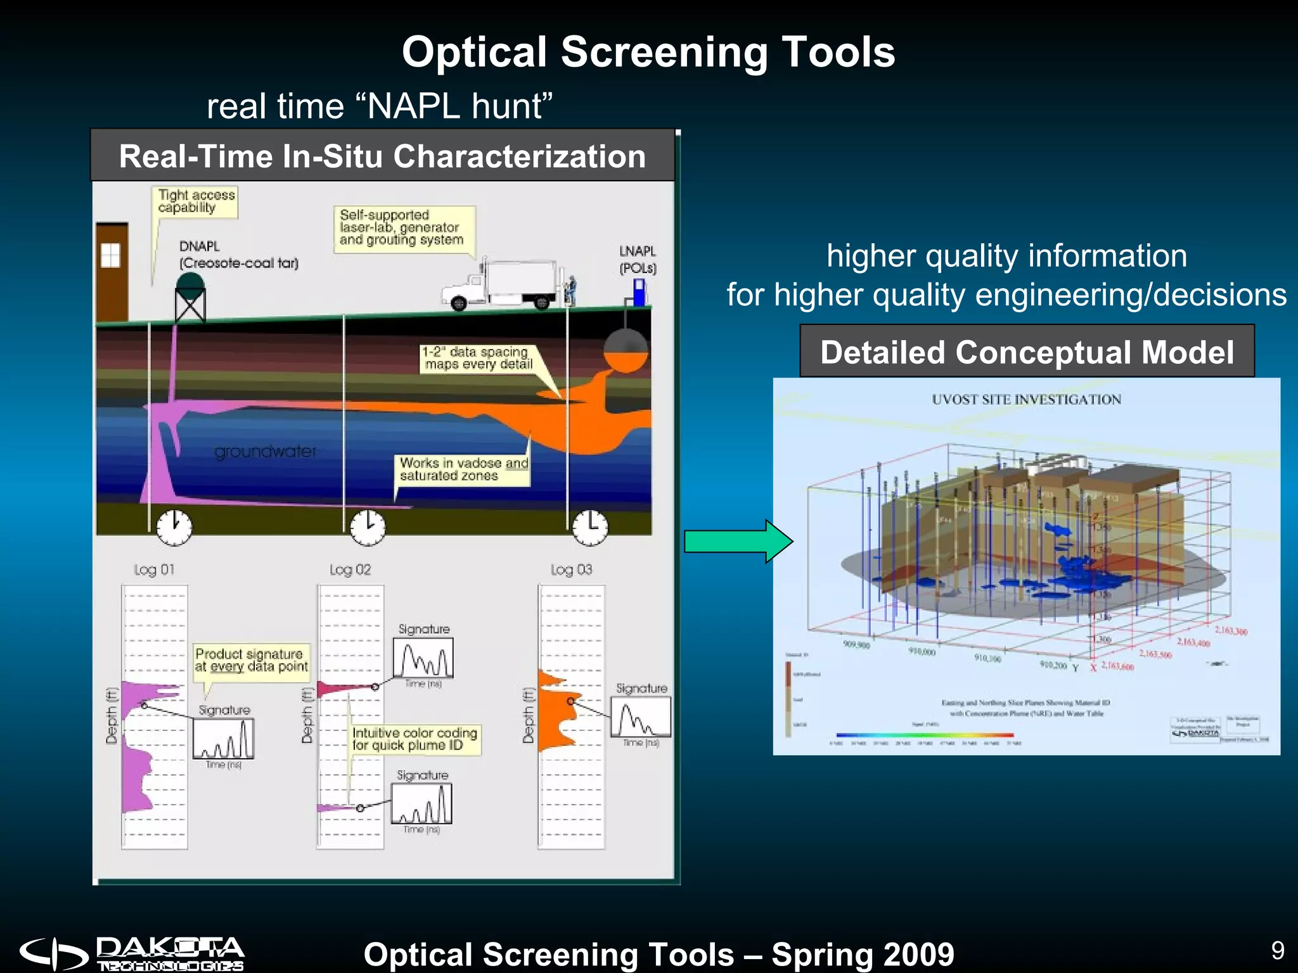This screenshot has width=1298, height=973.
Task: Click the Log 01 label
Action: [154, 569]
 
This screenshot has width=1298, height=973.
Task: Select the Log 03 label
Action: [571, 569]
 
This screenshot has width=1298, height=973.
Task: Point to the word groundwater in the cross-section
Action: [265, 452]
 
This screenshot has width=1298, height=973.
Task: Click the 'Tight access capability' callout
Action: [196, 201]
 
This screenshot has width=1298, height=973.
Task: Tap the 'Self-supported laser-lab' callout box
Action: [402, 228]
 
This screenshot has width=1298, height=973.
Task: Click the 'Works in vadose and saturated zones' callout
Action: [463, 469]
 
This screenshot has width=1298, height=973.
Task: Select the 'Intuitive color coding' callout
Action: [415, 739]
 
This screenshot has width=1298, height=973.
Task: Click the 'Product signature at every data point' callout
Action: [251, 660]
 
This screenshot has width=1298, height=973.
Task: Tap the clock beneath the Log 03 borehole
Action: [590, 527]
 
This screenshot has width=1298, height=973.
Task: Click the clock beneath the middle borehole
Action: [368, 527]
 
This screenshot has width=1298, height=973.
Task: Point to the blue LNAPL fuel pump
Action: [639, 293]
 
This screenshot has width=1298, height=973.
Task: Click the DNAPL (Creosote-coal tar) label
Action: [238, 255]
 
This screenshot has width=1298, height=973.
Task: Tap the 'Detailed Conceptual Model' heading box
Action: [1027, 352]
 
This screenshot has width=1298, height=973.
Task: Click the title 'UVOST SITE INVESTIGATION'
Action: [1026, 400]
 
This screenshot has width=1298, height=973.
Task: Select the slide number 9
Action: [1278, 950]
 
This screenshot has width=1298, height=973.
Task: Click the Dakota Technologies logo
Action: [132, 953]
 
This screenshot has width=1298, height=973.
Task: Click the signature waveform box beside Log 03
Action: [641, 716]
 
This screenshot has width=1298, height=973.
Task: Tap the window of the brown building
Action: [110, 256]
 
